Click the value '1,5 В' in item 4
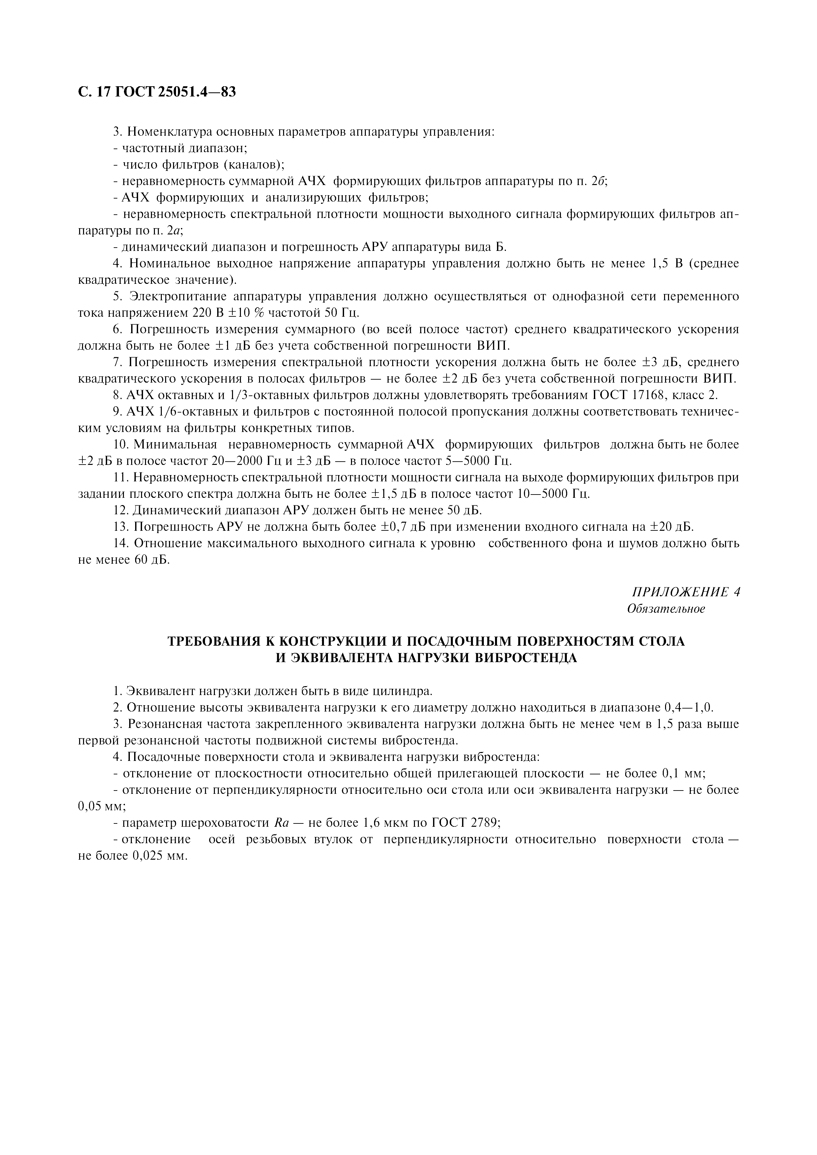coord(667,264)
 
